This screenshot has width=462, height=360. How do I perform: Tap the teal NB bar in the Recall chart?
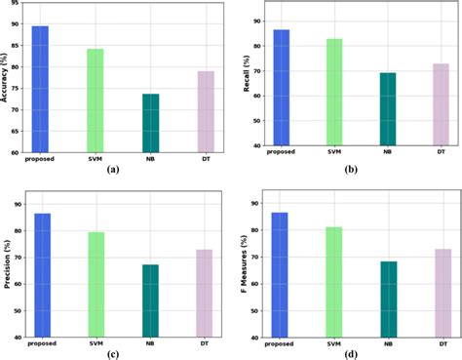tap(388, 109)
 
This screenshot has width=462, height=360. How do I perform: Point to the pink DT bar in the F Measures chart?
tap(442, 293)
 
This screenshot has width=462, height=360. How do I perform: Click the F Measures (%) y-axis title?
tap(242, 261)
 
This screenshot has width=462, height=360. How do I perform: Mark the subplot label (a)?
tap(113, 169)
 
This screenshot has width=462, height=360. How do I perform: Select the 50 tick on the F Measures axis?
tap(254, 310)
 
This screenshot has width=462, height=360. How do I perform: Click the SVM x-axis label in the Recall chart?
tap(334, 152)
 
